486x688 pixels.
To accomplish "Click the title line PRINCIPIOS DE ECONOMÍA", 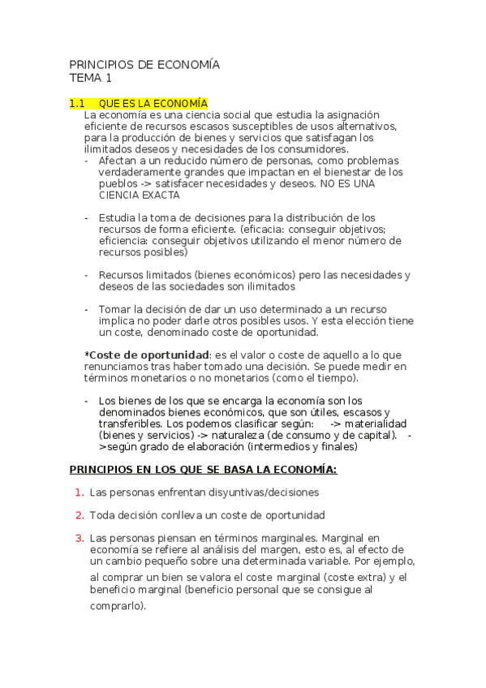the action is coord(144,64).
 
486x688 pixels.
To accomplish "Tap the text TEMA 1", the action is coord(91,79).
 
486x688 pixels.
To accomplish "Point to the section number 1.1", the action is coord(77,104).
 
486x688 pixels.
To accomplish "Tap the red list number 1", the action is coord(79,492).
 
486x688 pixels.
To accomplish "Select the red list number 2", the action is coord(79,515).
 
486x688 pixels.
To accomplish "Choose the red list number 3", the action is coord(79,538).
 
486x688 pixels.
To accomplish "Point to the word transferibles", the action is coord(129,424).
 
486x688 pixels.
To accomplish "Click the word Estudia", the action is coord(117,217).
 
